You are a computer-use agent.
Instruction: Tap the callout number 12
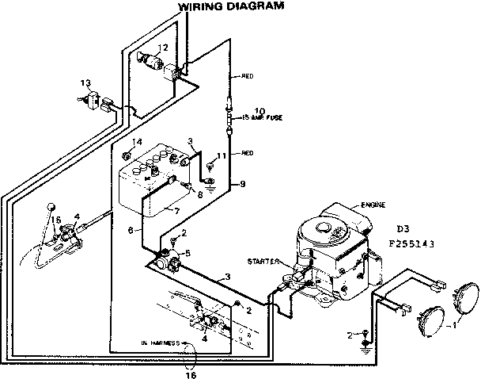(162, 48)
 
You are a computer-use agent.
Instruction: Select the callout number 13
(85, 83)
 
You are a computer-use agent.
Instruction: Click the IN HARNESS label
(157, 343)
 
